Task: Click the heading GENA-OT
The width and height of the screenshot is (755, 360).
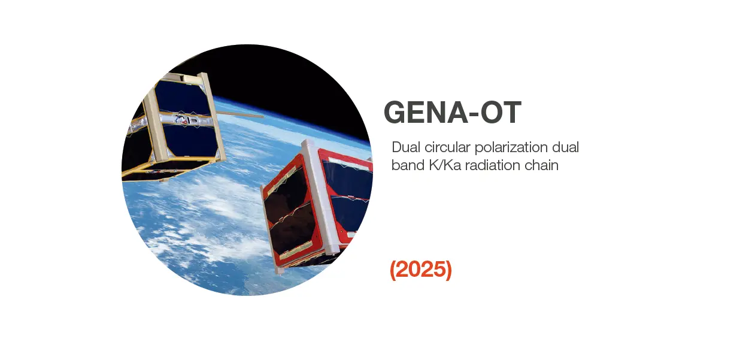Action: pyautogui.click(x=452, y=113)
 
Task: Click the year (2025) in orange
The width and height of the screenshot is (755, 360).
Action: pyautogui.click(x=421, y=270)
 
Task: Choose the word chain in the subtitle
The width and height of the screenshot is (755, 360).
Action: pyautogui.click(x=543, y=165)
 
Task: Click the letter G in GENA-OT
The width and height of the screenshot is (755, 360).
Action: pyautogui.click(x=396, y=113)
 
